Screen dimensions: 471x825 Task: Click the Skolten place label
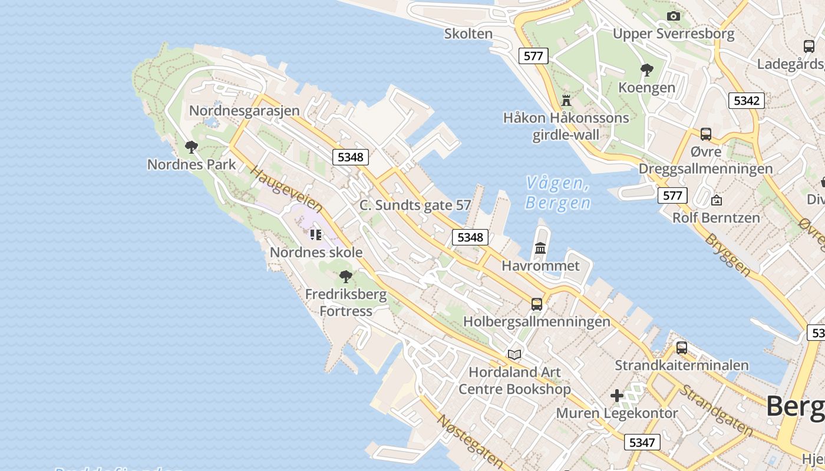[468, 34]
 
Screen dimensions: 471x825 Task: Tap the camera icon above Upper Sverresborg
[673, 16]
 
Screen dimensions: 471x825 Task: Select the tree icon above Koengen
[646, 70]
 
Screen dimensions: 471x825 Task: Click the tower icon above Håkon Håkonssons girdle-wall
[566, 100]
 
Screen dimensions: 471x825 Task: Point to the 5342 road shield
[746, 101]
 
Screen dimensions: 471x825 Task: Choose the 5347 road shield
[642, 442]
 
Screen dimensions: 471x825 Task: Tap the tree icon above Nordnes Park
[191, 147]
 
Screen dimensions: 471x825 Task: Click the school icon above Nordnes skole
[316, 235]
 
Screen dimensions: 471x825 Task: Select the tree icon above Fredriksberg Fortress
[346, 276]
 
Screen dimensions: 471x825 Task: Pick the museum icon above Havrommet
[540, 248]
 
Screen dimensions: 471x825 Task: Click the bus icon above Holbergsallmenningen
[536, 304]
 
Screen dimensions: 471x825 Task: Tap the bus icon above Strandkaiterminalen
[681, 347]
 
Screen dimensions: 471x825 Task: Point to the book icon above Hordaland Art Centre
[514, 354]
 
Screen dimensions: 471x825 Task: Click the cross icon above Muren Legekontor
[616, 396]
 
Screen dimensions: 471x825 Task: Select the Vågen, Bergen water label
[557, 193]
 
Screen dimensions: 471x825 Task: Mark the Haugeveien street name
[286, 189]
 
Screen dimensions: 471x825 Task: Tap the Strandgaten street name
[716, 410]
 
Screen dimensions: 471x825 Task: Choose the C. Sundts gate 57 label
[415, 205]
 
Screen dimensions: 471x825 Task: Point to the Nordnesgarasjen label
[244, 111]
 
